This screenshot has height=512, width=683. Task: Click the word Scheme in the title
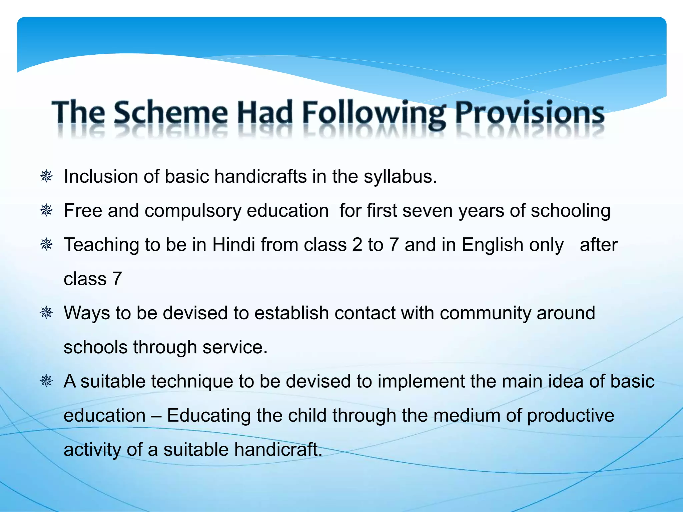[170, 113]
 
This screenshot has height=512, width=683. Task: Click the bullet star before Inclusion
[46, 176]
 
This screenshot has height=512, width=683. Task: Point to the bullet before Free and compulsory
[46, 211]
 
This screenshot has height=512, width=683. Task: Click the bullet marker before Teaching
[46, 245]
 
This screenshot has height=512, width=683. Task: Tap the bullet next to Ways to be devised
[46, 313]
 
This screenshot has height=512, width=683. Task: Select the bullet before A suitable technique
[46, 381]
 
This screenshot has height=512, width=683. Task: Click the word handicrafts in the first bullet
[260, 176]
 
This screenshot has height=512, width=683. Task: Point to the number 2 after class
[357, 245]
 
